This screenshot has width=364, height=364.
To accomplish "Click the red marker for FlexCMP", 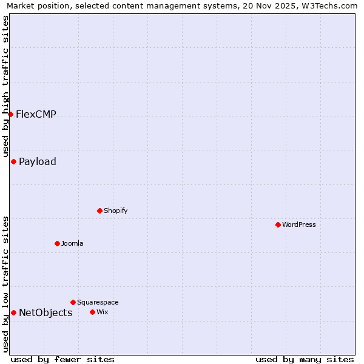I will point(10,114).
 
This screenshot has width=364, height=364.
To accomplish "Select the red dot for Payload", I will point(13,161).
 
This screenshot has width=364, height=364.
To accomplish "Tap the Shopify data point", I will point(99,211).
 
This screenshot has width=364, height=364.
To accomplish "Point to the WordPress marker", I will point(278,224).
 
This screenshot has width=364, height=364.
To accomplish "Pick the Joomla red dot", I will point(57,243).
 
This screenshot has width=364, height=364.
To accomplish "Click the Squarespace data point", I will point(73,302).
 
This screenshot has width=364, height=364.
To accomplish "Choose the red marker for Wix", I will point(92,312).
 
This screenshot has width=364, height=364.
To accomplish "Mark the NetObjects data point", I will point(13,312).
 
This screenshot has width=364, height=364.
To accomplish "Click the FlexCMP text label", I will point(36,114).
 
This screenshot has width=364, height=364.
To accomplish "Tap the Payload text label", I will point(38,161).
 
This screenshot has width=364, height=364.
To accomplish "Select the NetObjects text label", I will point(45,312).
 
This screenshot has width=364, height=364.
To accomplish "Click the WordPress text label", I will point(299,224).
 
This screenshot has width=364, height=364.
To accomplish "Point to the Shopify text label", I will point(115,211).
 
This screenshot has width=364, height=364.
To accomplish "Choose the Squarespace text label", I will point(98,302).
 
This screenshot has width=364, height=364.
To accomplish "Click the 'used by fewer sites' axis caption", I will point(62,359).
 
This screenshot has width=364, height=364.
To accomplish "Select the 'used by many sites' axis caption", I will point(305,359).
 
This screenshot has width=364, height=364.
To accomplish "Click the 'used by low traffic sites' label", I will point(6,284).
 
